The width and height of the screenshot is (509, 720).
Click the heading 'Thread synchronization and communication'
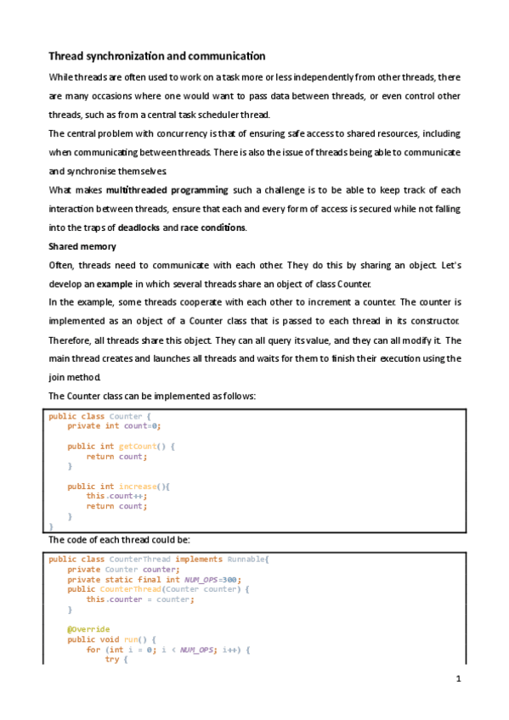click(157, 56)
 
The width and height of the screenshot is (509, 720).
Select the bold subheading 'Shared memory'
click(82, 246)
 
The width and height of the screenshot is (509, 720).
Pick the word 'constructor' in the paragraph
click(433, 321)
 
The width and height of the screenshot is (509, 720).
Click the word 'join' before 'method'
click(58, 378)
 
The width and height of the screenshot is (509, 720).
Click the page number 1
click(458, 679)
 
